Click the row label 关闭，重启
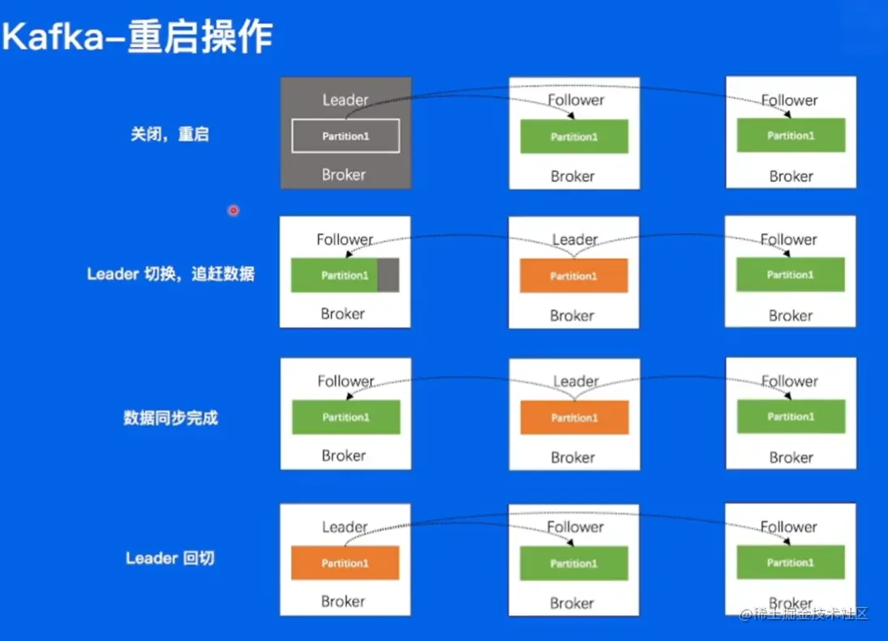coord(169,134)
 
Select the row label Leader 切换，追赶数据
coord(170,274)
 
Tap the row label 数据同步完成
coord(170,418)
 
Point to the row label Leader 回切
coord(170,558)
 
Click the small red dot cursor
coord(234,211)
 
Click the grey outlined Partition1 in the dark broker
coord(345,136)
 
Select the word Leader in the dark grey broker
coord(345,100)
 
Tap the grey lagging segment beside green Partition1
coord(388,276)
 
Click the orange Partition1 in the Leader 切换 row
coord(574,276)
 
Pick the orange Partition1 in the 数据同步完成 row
coord(574,417)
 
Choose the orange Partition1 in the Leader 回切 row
coord(345,562)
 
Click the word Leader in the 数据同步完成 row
coord(576,381)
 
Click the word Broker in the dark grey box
coord(344,174)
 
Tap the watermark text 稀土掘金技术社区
coord(811,613)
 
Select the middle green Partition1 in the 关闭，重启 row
coord(574,136)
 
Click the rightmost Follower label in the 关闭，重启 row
coord(790,100)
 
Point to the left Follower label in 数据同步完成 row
coord(345,381)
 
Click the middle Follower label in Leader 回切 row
coord(575,527)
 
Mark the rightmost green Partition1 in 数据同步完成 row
coord(790,417)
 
